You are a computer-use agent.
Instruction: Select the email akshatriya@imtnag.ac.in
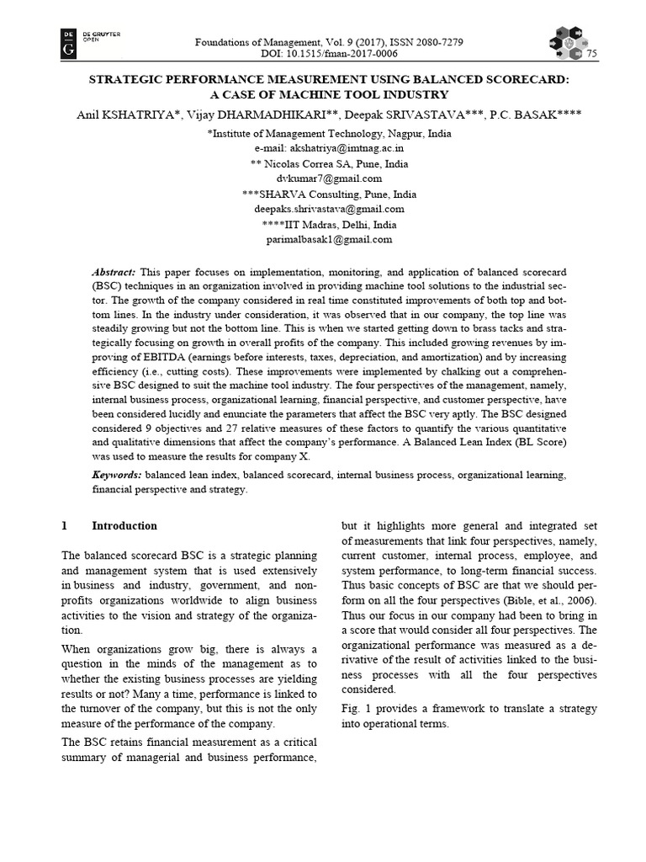(329, 148)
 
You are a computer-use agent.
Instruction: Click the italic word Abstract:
(114, 272)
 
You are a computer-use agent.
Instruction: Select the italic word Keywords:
(117, 475)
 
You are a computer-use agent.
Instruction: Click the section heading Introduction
(124, 525)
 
